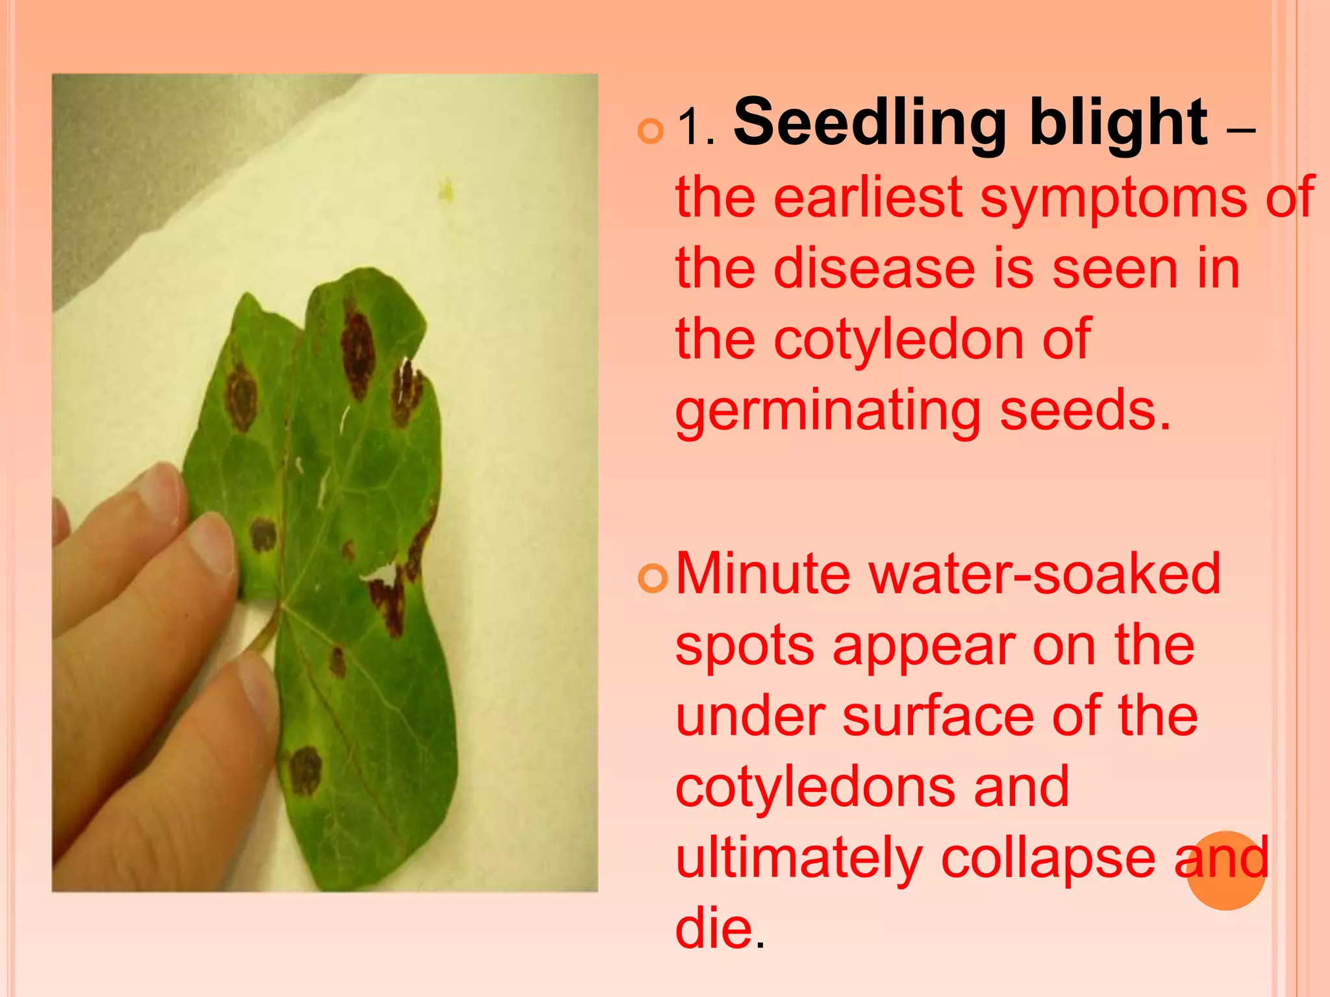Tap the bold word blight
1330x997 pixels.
point(1118,123)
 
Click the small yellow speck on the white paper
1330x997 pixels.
point(446,190)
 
